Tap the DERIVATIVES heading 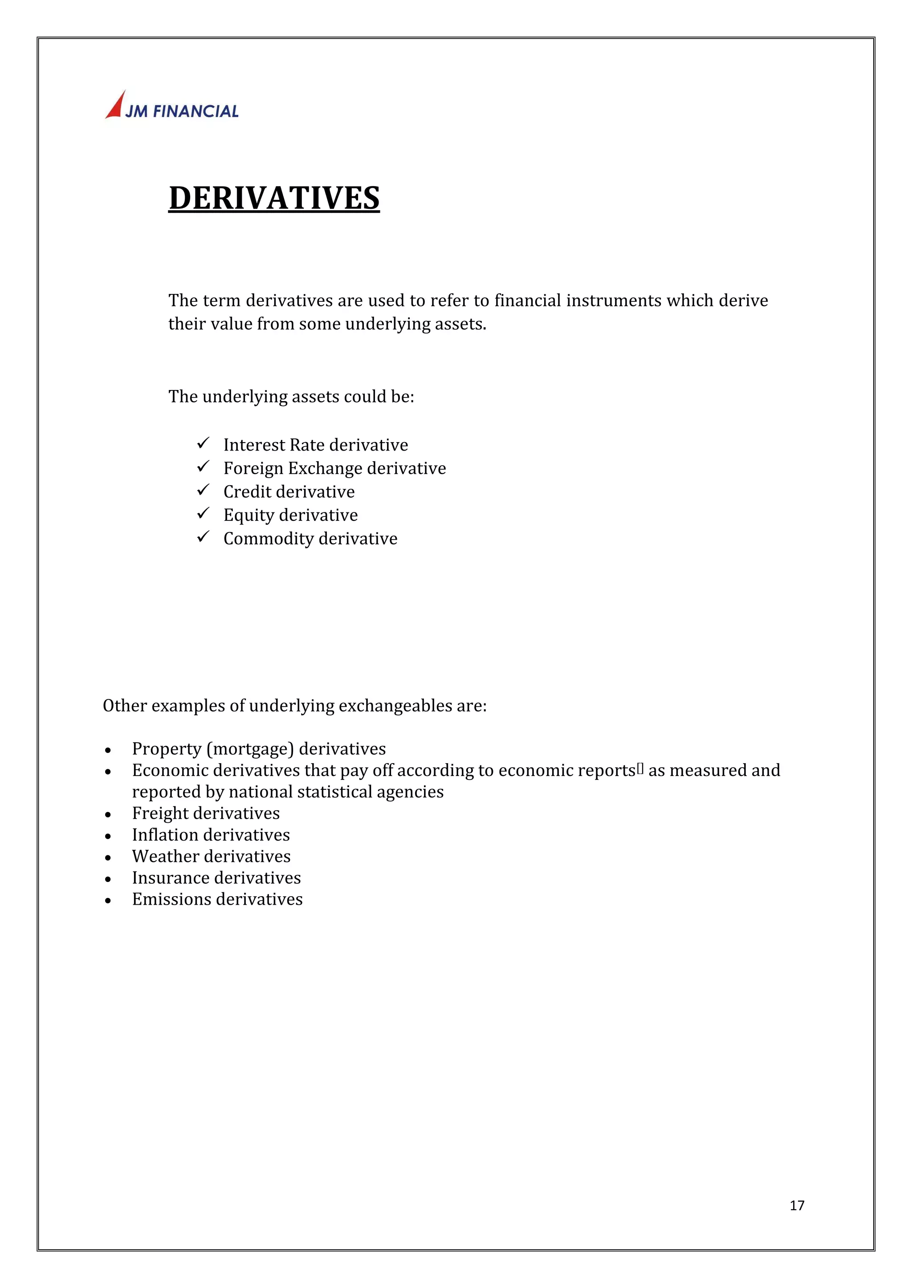(274, 198)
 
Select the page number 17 (796, 1206)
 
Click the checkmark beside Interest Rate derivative (203, 443)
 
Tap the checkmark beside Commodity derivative (203, 537)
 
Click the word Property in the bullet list (166, 749)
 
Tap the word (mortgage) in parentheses (250, 749)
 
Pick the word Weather (166, 856)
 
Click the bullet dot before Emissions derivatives (108, 901)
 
